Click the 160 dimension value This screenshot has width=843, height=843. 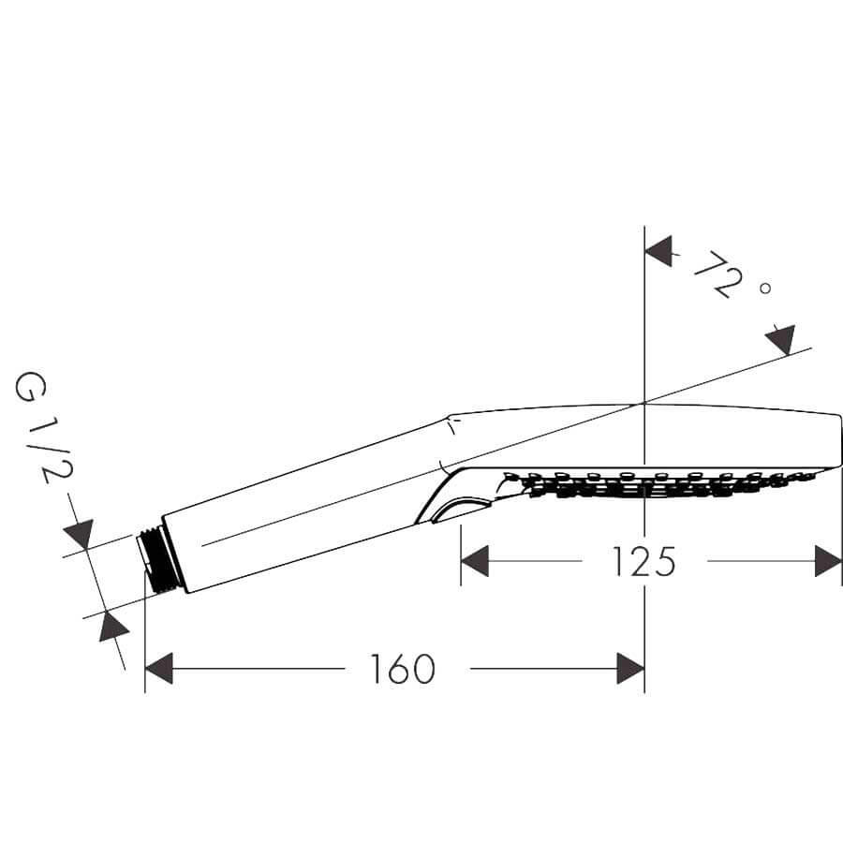403,669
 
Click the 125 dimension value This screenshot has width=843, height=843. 644,561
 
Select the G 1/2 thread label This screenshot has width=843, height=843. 43,428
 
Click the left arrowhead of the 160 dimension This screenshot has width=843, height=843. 159,669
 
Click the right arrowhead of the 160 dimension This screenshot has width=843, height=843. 630,669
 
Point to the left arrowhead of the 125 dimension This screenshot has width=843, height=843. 475,561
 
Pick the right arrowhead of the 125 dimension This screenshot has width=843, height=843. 828,561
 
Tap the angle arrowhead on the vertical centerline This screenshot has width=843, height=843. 659,251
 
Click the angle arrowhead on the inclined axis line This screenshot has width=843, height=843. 781,340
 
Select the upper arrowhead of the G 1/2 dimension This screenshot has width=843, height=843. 80,534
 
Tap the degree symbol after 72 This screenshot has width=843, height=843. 765,288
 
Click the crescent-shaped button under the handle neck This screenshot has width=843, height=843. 460,510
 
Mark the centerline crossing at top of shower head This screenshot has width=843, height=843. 644,403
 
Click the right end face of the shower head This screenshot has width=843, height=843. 840,442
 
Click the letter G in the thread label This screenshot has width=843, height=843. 30,388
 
